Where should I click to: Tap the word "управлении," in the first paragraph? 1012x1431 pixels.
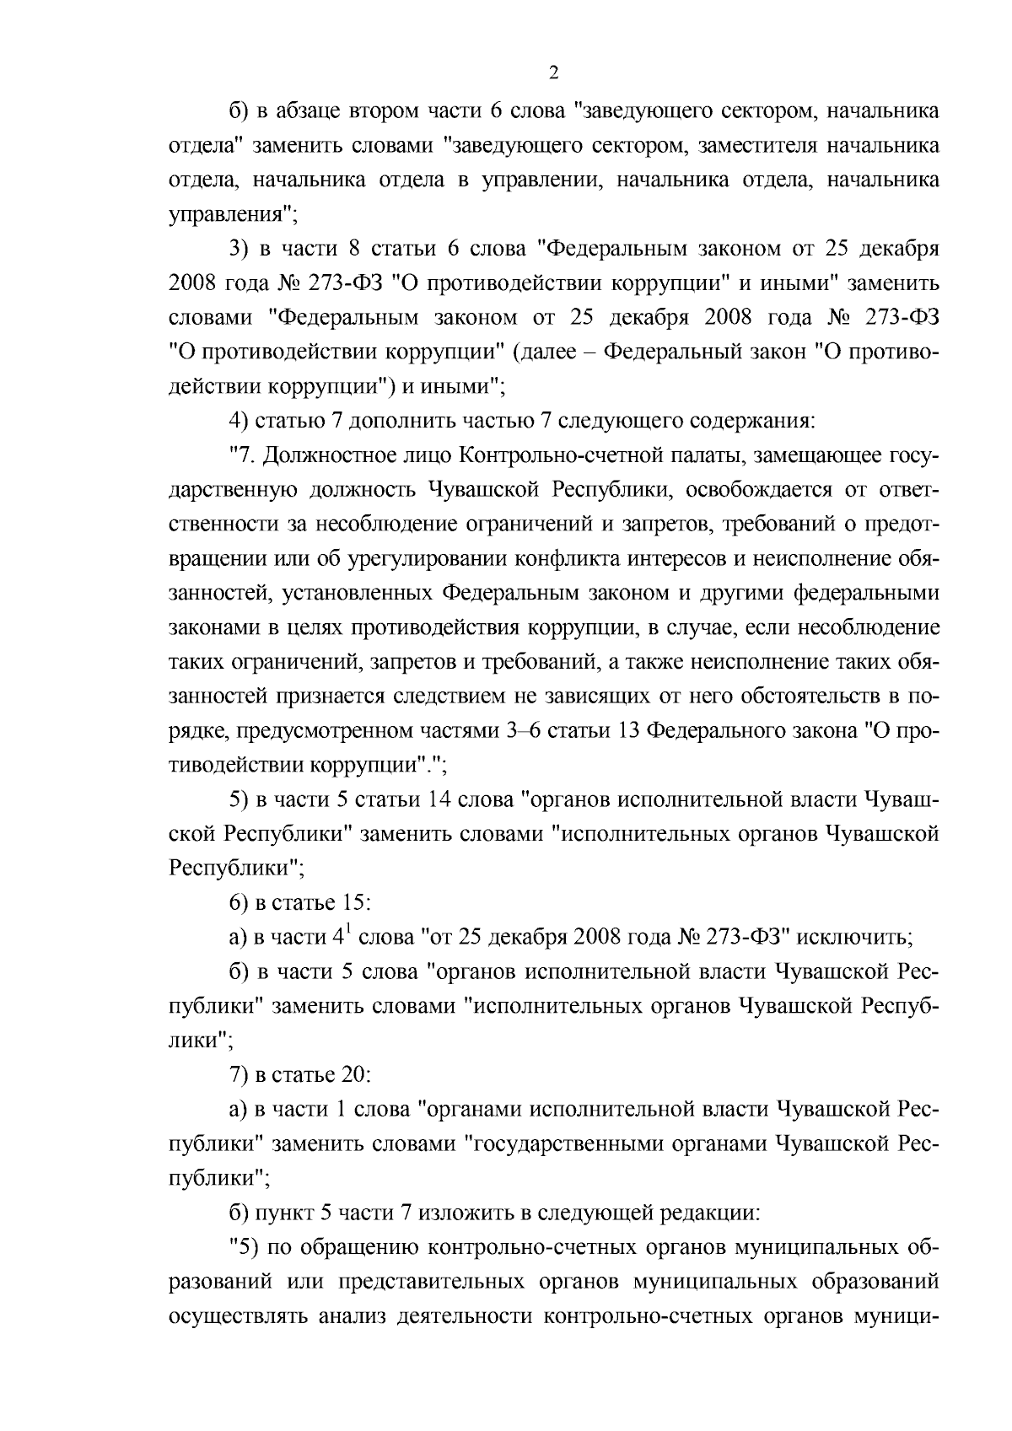tap(541, 180)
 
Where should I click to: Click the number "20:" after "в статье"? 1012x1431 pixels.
tap(354, 1075)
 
